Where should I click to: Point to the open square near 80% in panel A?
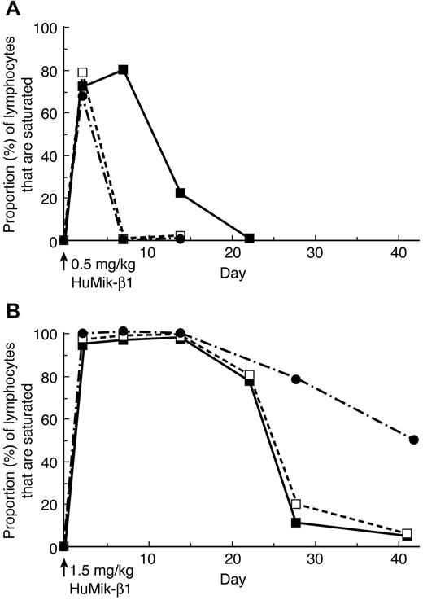pyautogui.click(x=82, y=72)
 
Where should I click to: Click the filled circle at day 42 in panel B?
pyautogui.click(x=414, y=440)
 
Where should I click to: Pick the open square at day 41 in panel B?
pyautogui.click(x=407, y=533)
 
